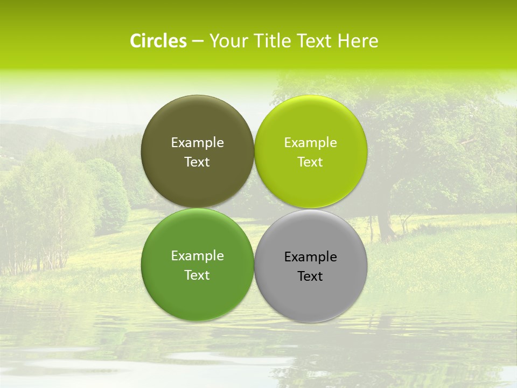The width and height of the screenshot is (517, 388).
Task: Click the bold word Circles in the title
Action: [x=158, y=41]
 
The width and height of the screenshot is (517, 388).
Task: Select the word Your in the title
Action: [x=226, y=41]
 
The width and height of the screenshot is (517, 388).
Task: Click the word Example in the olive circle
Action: [x=197, y=143]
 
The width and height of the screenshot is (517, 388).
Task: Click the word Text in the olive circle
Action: [x=197, y=162]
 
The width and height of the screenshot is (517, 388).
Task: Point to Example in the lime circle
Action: [x=310, y=143]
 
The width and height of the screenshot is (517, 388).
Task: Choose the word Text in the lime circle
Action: [x=310, y=162]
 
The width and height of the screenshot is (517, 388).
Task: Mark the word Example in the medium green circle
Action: [x=197, y=256]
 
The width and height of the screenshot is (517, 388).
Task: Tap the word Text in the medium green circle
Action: [x=197, y=275]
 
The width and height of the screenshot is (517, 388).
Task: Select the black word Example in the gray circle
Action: [x=310, y=257]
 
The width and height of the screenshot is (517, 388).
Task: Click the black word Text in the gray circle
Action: [x=310, y=276]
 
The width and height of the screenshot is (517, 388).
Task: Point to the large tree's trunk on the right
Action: [x=385, y=226]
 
